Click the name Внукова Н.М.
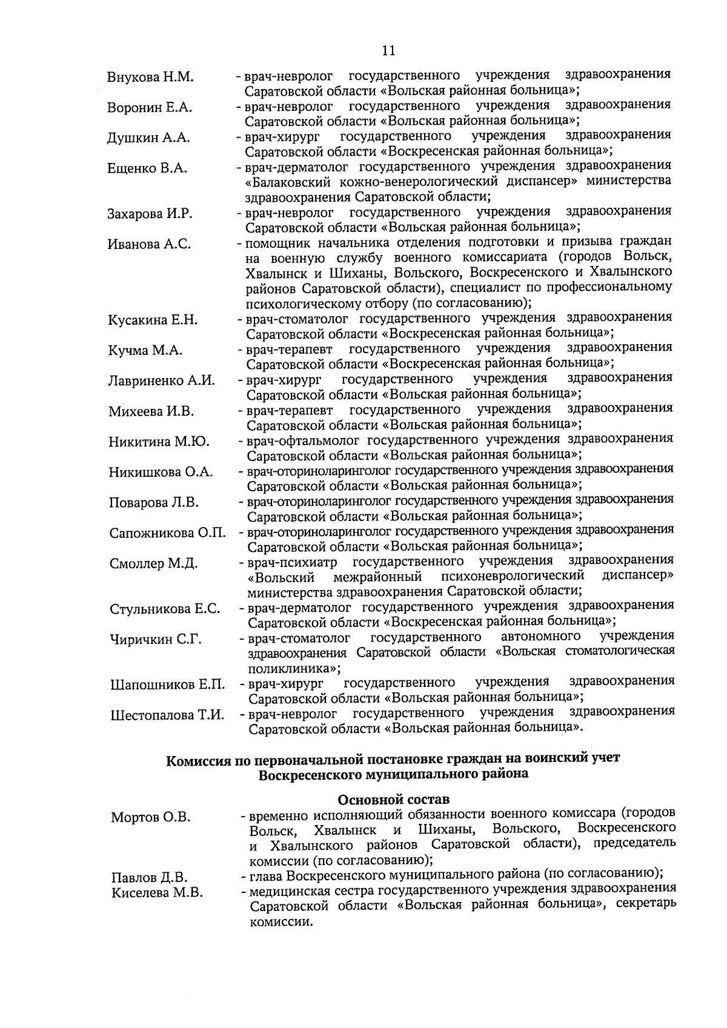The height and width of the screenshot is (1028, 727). point(150,78)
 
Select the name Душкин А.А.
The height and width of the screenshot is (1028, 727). point(148,138)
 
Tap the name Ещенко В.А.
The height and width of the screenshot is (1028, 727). point(147,168)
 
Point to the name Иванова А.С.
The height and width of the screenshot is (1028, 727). point(149,244)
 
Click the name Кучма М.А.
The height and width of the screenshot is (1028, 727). point(145,351)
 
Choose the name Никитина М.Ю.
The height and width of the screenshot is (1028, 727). point(159,442)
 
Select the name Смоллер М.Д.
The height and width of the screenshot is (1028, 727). point(153,563)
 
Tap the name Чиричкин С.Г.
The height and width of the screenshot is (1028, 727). point(156,639)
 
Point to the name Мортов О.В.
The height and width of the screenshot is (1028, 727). point(150,817)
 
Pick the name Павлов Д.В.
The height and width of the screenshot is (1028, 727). point(149,878)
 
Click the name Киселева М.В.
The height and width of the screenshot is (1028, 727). point(156,892)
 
